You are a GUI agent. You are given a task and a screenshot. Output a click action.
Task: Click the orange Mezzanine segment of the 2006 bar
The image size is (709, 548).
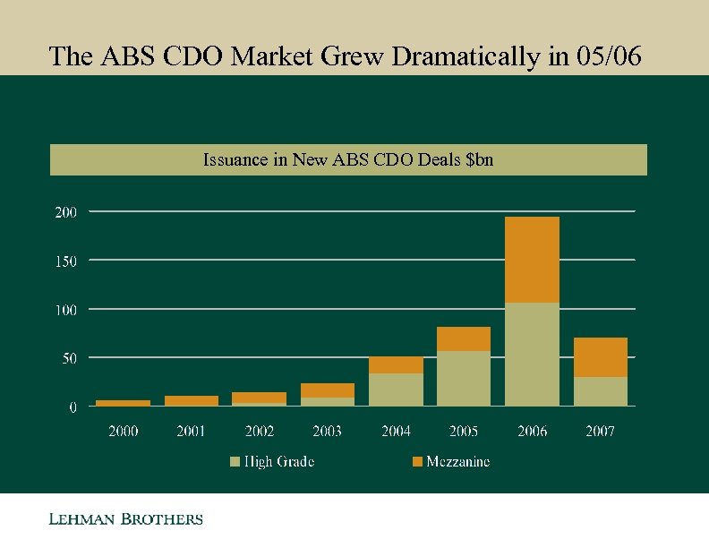[x=532, y=260]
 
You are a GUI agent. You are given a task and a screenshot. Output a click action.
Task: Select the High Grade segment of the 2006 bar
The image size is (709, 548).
[x=532, y=354]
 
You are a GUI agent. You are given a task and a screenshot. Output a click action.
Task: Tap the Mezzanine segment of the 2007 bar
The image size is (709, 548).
[x=600, y=357]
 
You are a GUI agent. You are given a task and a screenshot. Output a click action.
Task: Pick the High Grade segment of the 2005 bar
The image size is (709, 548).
[x=464, y=378]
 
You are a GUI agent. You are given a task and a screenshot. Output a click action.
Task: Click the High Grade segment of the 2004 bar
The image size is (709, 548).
[x=396, y=390]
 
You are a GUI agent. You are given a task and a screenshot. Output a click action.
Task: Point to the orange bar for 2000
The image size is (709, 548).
[x=123, y=403]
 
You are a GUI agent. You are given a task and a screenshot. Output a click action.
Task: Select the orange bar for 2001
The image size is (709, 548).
[x=191, y=400]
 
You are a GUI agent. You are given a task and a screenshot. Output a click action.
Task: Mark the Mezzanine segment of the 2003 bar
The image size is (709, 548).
[x=328, y=390]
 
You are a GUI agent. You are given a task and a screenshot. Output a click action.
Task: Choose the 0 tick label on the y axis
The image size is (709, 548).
[x=73, y=407]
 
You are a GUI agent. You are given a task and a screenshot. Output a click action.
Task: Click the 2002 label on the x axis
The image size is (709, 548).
[x=260, y=432]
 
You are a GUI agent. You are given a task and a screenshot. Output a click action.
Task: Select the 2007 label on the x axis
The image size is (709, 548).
[x=600, y=432]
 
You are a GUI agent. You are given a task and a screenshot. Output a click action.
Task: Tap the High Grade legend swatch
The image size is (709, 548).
[x=235, y=462]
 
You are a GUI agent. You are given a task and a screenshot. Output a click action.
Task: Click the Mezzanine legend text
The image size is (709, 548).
[x=457, y=462]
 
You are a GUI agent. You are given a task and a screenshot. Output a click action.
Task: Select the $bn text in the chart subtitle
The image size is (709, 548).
[x=477, y=160]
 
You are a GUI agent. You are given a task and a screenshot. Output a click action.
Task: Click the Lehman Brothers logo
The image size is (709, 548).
[x=125, y=519]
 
